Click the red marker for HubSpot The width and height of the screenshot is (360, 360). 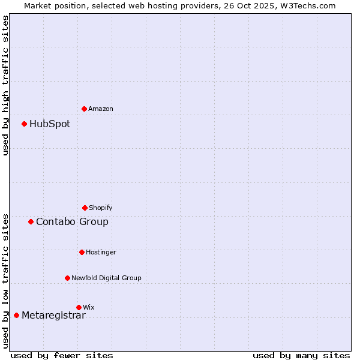click(25, 124)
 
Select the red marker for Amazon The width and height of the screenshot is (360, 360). click(85, 109)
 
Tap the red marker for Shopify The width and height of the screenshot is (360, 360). click(85, 208)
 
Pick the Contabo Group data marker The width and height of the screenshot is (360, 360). click(31, 222)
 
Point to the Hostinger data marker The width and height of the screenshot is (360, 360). click(82, 252)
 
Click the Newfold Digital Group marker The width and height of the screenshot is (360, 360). click(67, 278)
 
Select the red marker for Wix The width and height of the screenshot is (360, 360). click(79, 307)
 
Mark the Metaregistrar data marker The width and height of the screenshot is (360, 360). click(16, 316)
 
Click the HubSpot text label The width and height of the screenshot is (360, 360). click(50, 124)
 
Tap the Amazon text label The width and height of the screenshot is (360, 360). click(101, 109)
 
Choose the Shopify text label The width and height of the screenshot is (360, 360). click(101, 208)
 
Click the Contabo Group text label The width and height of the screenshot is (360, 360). click(72, 222)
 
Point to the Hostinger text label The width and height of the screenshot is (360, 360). click(101, 252)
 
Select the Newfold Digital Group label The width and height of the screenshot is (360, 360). click(106, 278)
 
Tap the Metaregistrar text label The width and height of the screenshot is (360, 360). click(53, 316)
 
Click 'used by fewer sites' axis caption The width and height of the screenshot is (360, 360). click(62, 355)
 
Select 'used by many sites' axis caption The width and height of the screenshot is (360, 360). click(301, 355)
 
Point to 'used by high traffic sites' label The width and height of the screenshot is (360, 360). click(6, 85)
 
